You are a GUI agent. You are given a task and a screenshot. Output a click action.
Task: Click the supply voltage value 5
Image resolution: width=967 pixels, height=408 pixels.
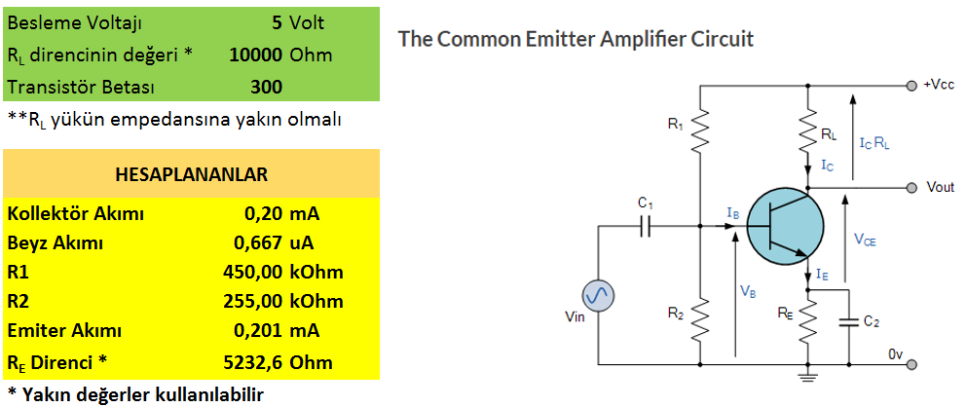[x=277, y=23]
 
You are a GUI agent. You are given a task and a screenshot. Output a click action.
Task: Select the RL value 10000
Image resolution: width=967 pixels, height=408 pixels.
[x=256, y=55]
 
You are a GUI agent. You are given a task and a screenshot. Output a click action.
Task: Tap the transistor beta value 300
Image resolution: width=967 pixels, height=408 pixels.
[x=267, y=87]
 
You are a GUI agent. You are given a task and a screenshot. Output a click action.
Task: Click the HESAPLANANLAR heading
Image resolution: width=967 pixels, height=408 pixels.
[x=191, y=174]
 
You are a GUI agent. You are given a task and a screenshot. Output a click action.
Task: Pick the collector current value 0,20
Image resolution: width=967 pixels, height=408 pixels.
[x=262, y=214]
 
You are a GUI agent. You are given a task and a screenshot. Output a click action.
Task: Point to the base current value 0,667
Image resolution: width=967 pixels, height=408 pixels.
[x=258, y=242]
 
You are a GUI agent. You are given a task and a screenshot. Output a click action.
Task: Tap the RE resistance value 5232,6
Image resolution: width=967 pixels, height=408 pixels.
[x=253, y=362]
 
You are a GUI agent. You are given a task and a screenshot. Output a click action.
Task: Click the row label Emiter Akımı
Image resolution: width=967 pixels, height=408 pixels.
[x=64, y=331]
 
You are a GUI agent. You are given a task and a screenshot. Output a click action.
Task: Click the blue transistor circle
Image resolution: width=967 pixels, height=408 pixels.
[x=785, y=228]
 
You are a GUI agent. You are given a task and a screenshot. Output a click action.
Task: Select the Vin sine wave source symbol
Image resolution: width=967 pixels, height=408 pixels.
[x=598, y=297]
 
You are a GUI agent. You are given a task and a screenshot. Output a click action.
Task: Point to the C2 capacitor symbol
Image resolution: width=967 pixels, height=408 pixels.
[x=850, y=321]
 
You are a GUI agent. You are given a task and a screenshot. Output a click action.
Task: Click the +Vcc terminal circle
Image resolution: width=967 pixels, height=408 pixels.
[x=911, y=87]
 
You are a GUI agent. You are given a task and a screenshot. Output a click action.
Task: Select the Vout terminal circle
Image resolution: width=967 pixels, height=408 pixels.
[x=911, y=187]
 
